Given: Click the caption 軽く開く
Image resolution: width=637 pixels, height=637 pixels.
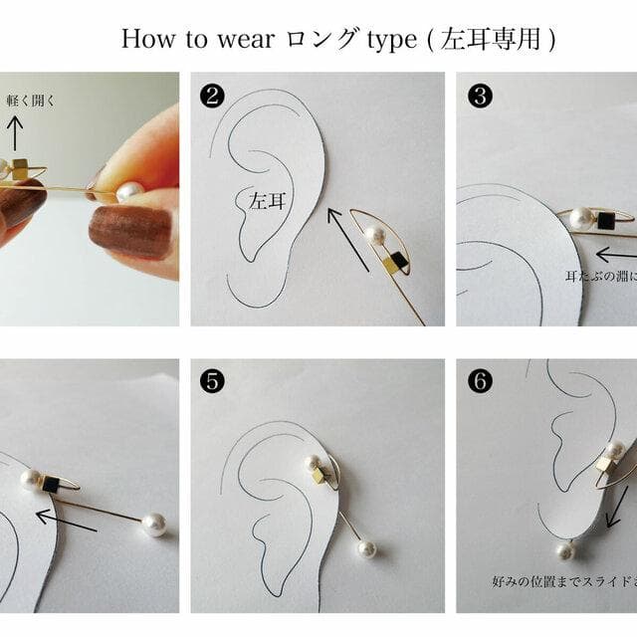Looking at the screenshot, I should tap(31, 100).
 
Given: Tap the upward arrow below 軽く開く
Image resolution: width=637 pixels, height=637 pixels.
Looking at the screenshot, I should tap(15, 131).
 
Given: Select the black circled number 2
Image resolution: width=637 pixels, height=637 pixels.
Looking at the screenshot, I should tap(211, 96).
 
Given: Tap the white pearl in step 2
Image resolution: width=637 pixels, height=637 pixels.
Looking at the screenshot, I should tap(374, 235).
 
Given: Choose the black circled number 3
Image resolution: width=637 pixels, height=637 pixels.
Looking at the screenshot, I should tap(481, 96).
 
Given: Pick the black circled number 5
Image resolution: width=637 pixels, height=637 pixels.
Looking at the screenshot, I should tap(211, 381).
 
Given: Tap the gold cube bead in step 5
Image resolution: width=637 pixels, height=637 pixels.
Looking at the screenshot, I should tap(318, 476).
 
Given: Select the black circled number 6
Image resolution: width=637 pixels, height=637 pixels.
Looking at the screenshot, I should tap(481, 381).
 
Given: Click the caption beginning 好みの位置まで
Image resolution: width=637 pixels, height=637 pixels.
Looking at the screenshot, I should tap(563, 579).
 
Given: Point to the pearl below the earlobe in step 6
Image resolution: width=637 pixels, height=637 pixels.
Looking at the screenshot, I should tap(565, 550).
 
